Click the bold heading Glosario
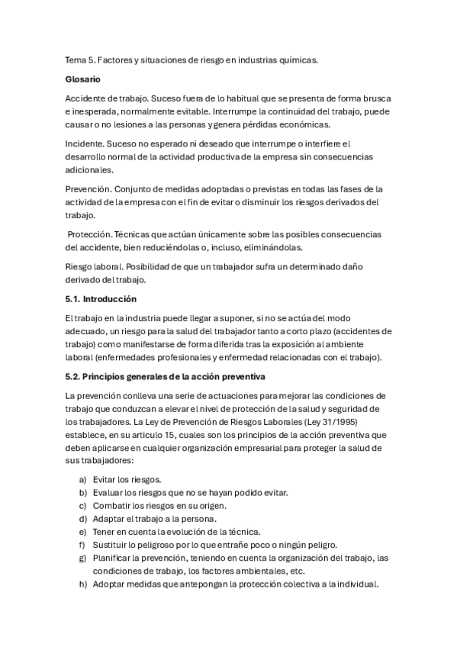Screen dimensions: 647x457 click(x=84, y=79)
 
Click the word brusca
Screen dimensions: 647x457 click(x=374, y=98)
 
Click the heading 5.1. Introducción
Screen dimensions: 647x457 click(x=101, y=298)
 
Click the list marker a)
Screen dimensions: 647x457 click(x=82, y=479)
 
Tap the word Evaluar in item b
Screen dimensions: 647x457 click(x=108, y=492)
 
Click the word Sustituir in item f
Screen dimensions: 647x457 click(x=112, y=545)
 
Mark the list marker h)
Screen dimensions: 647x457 click(x=82, y=584)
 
